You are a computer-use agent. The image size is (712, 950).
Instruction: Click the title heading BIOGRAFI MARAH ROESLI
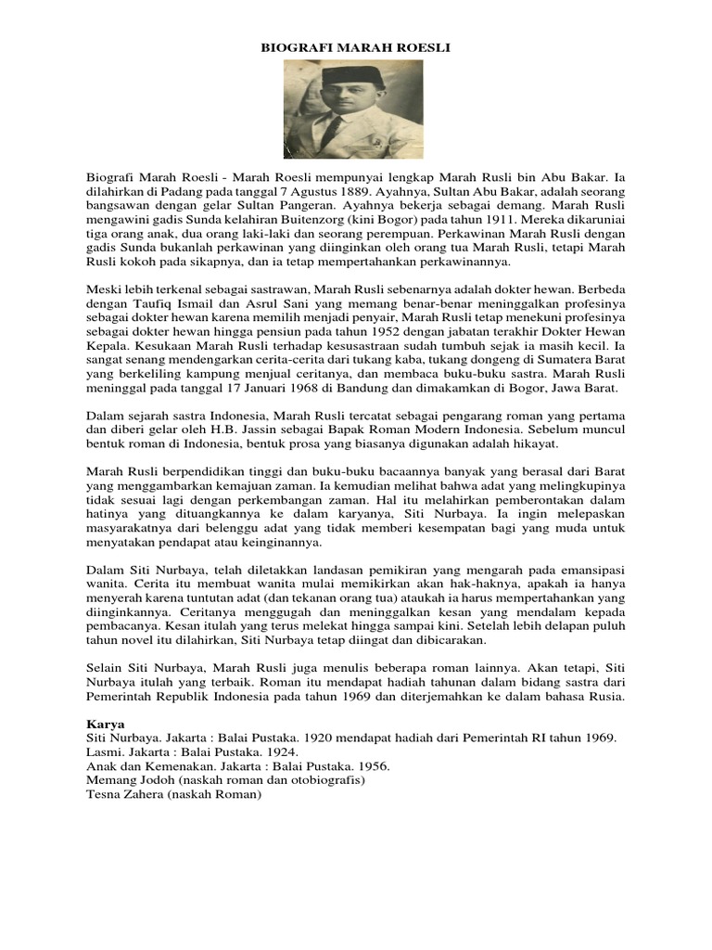pyautogui.click(x=356, y=46)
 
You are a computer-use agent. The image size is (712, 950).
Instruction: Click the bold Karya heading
pyautogui.click(x=104, y=721)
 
